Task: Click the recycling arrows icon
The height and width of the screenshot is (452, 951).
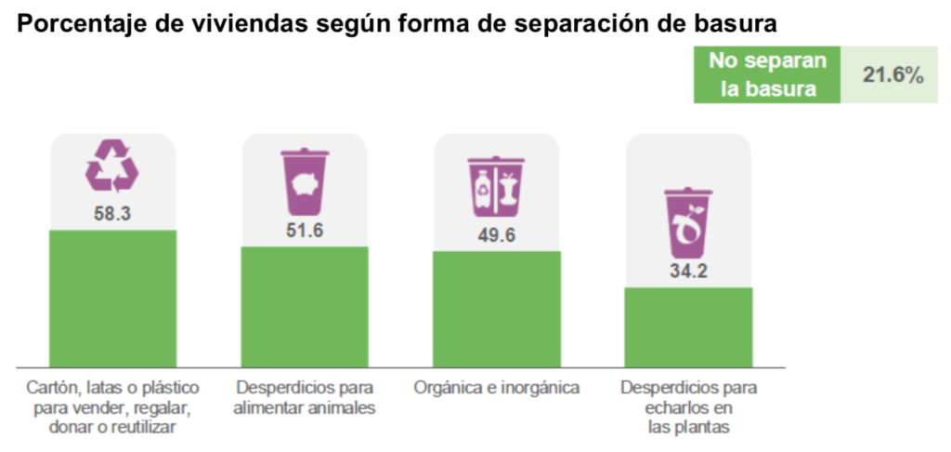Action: pos(112,166)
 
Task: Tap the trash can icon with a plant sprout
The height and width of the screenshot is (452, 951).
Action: pos(688,222)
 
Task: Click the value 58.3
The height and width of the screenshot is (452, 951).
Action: pos(112,213)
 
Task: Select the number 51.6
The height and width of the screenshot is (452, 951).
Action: pos(305,230)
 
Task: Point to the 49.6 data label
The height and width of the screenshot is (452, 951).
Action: pos(497,234)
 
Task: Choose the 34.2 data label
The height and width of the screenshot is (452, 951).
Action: pos(688,273)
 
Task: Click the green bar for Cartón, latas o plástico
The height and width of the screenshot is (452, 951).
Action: pos(112,298)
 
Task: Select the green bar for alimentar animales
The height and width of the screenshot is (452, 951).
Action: pos(305,306)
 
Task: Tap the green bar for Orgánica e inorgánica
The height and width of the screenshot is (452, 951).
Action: pos(497,309)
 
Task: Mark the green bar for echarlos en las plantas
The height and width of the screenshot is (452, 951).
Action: pos(688,326)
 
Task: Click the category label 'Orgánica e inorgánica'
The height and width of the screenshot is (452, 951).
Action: pos(497,387)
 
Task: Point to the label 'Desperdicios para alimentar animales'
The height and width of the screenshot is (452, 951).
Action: pos(305,397)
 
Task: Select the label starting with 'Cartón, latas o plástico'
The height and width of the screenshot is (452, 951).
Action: pos(112,407)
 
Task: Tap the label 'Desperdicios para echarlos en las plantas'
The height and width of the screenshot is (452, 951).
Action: pos(688,407)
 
